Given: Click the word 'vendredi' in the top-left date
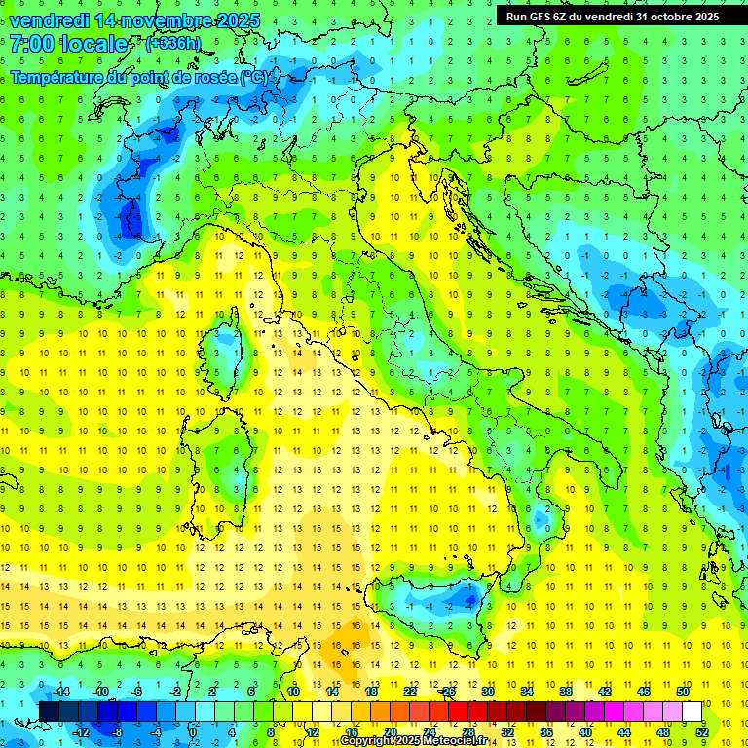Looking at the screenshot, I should tap(50, 19).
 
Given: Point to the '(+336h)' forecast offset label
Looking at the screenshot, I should tap(173, 44).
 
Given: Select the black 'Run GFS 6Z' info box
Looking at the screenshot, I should tap(613, 16).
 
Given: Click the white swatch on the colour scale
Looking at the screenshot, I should tap(692, 711).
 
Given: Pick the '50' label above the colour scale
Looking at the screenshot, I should tap(682, 692).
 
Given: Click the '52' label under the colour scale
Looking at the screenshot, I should tap(702, 731).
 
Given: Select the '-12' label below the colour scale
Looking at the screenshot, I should tap(80, 731).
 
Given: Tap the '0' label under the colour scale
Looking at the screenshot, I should tap(192, 731).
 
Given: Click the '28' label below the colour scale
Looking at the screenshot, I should tap(467, 731).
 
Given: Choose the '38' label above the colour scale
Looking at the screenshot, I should tap(565, 692).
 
